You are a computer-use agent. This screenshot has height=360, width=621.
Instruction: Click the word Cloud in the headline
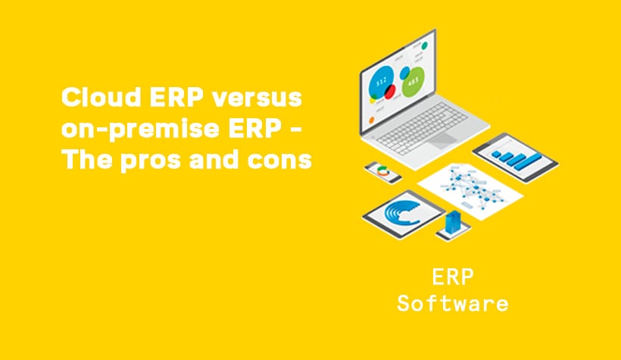(x=101, y=97)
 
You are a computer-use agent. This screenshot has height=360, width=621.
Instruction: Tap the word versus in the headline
(x=257, y=98)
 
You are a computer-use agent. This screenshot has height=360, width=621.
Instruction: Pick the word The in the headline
(x=87, y=160)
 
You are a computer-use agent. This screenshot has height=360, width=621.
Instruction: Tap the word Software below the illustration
(x=453, y=303)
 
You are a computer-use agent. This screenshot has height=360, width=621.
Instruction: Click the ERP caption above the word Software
(x=453, y=277)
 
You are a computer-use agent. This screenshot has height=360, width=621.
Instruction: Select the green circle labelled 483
(x=413, y=83)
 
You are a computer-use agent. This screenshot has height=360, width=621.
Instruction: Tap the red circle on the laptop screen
(x=390, y=92)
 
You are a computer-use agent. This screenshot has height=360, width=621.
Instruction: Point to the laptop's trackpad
(x=443, y=140)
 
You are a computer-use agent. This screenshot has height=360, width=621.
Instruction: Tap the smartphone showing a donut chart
(x=382, y=173)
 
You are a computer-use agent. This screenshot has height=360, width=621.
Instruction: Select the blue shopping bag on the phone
(x=453, y=222)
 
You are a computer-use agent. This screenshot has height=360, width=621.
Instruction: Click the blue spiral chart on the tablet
(x=401, y=212)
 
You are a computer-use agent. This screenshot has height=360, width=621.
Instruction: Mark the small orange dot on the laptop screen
(x=372, y=120)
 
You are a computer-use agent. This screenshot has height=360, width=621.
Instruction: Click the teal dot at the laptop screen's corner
(x=425, y=46)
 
